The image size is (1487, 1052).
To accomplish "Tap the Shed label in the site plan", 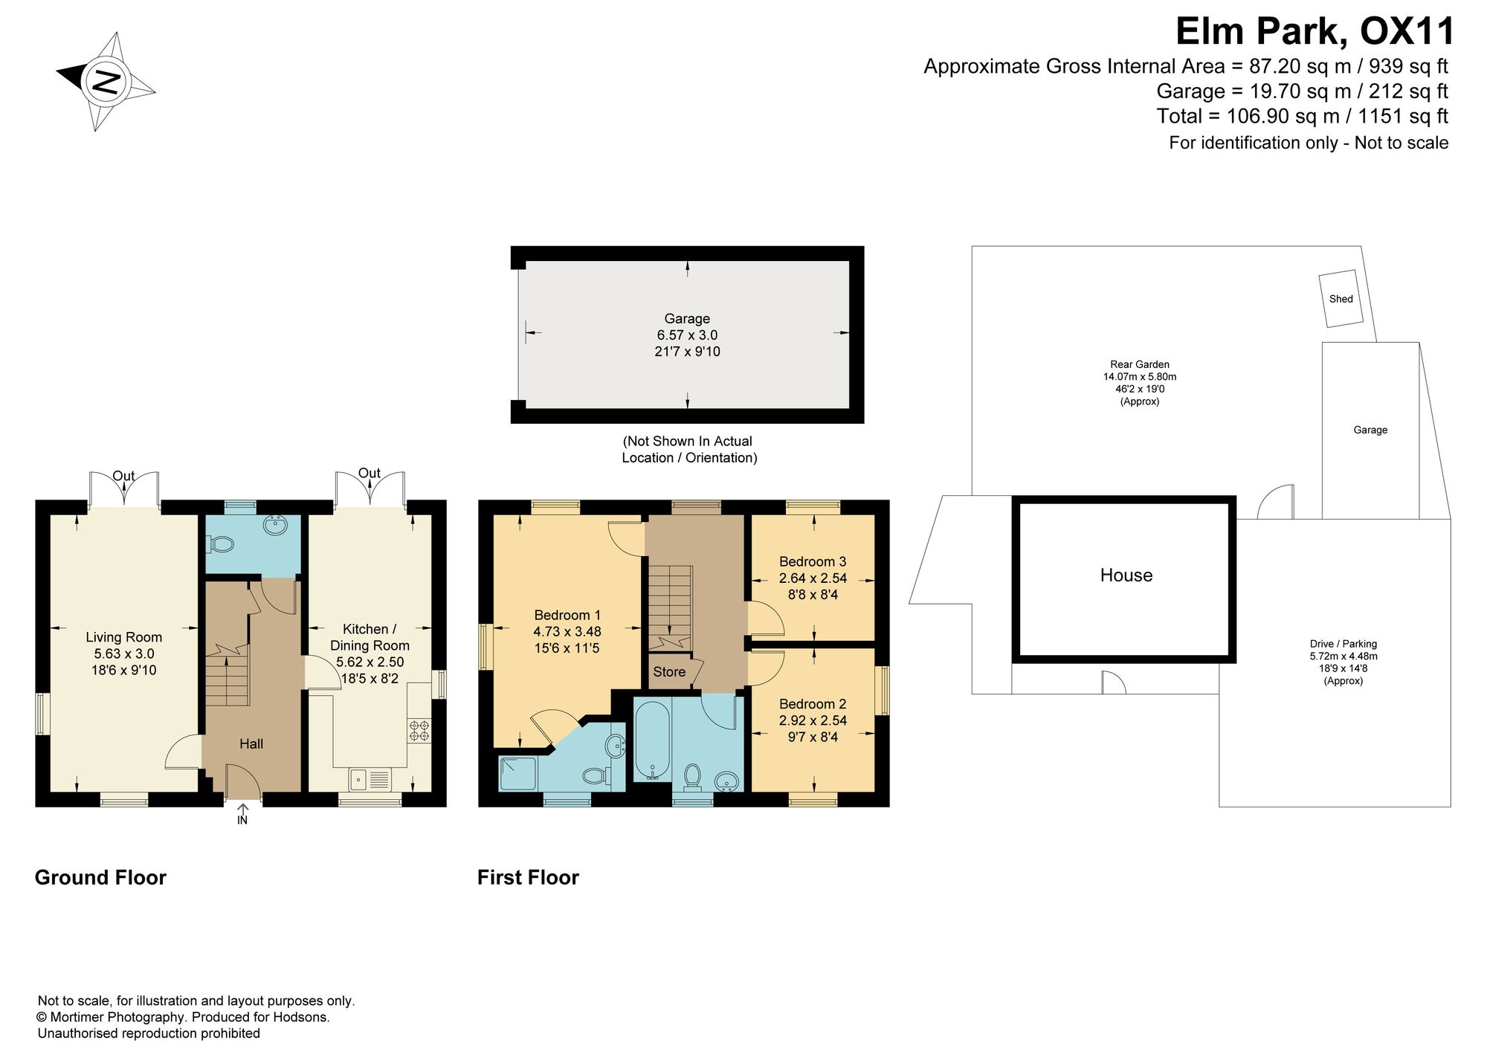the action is click(x=1341, y=299).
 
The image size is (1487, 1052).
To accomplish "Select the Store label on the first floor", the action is click(x=669, y=672).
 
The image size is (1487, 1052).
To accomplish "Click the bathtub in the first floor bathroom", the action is click(x=652, y=739).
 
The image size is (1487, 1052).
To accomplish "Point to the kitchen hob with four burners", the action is click(x=419, y=729).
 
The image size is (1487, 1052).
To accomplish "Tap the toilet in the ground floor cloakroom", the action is click(x=221, y=545).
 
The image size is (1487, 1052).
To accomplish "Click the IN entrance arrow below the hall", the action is click(x=242, y=814).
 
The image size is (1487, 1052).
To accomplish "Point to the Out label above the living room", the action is click(x=123, y=476).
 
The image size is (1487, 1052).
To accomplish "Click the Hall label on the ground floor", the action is click(x=251, y=743).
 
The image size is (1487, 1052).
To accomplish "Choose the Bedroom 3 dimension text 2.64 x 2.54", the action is click(x=813, y=578).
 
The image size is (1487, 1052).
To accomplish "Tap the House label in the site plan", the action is click(x=1126, y=575).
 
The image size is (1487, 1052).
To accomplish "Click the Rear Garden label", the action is click(x=1140, y=364).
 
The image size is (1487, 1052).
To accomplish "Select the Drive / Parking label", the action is click(x=1344, y=644).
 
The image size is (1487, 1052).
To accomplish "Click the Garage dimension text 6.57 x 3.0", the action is click(x=687, y=335).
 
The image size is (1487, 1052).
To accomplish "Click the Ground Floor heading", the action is click(x=100, y=878).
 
